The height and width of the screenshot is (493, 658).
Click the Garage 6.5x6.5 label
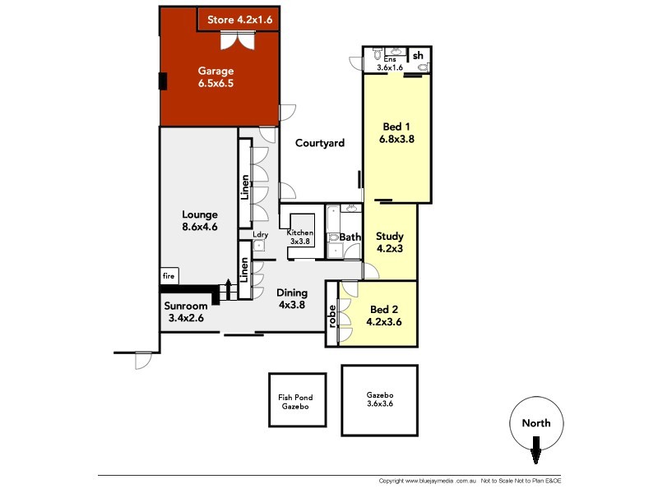pos(216,76)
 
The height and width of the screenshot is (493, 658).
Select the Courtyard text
pos(320,143)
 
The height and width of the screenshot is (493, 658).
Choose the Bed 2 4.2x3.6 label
pos(384,316)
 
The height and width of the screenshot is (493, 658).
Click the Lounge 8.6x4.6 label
pos(199,221)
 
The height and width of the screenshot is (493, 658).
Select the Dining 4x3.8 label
pos(292,298)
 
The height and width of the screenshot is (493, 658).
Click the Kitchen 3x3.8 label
pos(299,237)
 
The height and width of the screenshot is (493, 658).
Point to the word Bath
pos(351,237)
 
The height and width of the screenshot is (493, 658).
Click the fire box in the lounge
pos(169,276)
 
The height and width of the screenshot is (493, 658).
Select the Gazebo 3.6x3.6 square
pos(379,400)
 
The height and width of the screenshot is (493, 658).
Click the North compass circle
pos(535,424)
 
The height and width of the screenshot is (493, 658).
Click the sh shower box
pos(419,56)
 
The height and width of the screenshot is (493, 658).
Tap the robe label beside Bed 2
pos(332,316)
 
